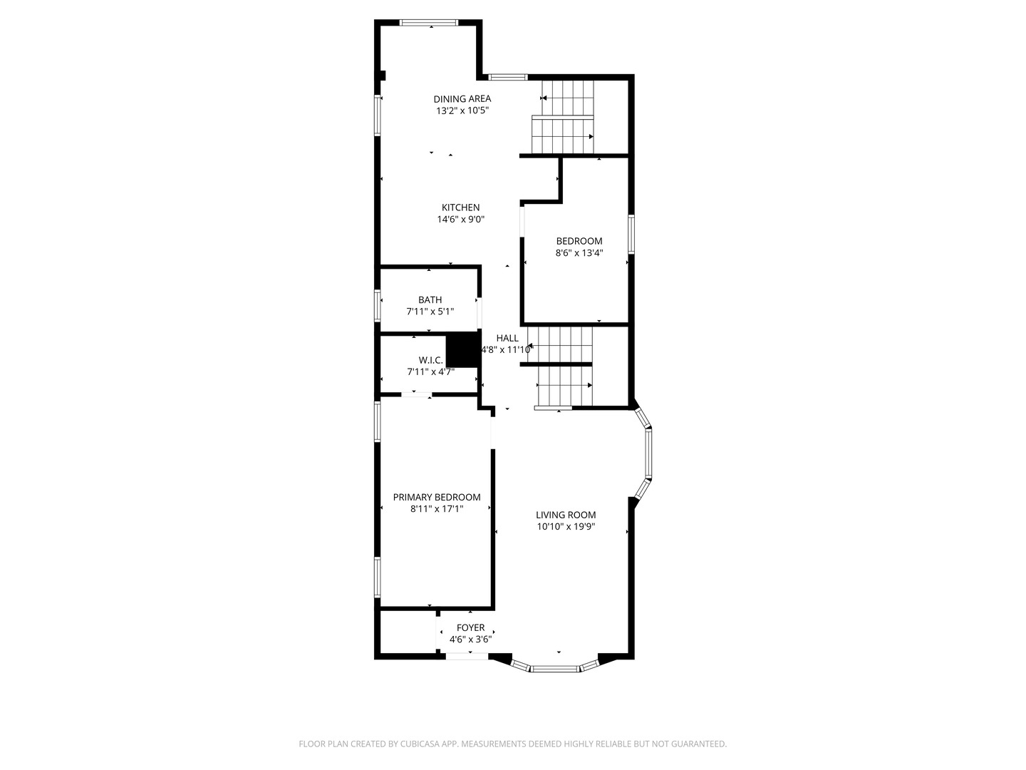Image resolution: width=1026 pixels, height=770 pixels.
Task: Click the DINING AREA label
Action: pos(462,99)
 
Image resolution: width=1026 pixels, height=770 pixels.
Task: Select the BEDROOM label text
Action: pos(579,241)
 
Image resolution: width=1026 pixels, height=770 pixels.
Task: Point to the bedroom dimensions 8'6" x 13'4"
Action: pos(579,252)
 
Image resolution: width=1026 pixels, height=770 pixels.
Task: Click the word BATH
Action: pos(430,300)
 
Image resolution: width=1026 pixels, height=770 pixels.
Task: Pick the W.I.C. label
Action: pos(430,360)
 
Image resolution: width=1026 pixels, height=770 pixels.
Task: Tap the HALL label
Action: pos(507,338)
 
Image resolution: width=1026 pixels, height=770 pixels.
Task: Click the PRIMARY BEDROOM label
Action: pos(436,497)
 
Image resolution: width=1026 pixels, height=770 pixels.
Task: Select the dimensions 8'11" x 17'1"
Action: pos(436,509)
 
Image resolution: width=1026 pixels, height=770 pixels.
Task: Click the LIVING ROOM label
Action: pos(566,515)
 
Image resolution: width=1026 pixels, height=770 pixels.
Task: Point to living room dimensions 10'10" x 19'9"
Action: pos(566,527)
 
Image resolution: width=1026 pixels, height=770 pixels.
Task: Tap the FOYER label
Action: pos(470,627)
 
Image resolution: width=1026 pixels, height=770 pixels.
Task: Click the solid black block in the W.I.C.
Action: pos(462,349)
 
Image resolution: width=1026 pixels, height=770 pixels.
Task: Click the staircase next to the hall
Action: pos(564,366)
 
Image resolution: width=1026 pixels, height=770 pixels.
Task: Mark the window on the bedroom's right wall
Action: pos(631,233)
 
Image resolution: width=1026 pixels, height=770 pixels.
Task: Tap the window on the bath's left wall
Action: pos(378,305)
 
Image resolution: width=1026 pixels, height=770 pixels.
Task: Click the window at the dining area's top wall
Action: pos(430,23)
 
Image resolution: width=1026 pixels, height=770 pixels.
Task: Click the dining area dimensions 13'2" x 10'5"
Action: pos(462,111)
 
